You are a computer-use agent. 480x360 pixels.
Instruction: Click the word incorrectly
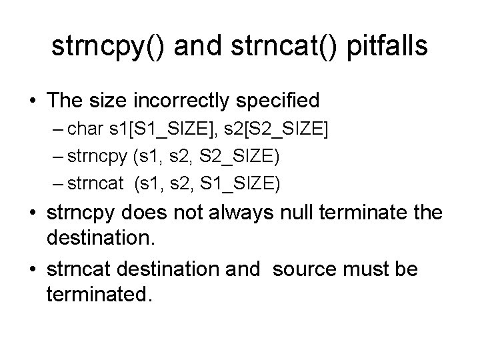click(200, 101)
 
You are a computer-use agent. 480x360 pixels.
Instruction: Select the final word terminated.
click(99, 294)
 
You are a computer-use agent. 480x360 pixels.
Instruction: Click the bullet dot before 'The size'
click(32, 101)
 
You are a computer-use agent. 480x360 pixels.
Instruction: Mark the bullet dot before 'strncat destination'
click(32, 271)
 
